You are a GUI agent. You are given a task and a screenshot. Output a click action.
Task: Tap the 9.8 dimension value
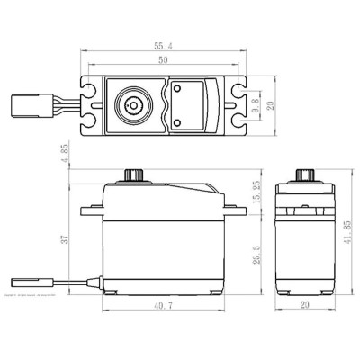(256, 104)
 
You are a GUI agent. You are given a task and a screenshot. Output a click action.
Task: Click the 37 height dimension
(66, 240)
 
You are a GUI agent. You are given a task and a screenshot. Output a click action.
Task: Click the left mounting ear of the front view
(92, 212)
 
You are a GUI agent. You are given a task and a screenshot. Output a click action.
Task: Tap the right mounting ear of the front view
(237, 212)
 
